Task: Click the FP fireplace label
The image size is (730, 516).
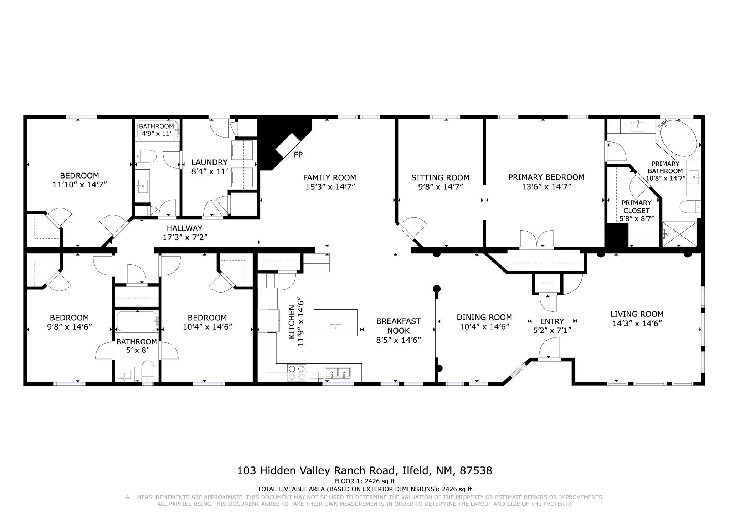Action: [x=298, y=155]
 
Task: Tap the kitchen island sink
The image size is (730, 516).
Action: [x=335, y=327]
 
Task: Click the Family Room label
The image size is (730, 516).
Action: [x=329, y=177]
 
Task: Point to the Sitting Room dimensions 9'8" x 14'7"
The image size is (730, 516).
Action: [x=440, y=187]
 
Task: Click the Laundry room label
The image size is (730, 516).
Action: [x=209, y=162]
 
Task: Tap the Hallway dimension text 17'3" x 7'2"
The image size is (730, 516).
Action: [x=185, y=237]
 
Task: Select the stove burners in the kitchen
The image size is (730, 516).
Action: [x=297, y=372]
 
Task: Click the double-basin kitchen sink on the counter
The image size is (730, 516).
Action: [x=337, y=372]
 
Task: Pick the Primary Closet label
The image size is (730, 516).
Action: [x=637, y=207]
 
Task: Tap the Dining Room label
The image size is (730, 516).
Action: [x=484, y=317]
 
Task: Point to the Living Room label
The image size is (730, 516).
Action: [x=637, y=314]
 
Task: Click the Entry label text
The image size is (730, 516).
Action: [x=552, y=321]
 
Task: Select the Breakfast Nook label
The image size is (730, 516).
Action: [x=399, y=326]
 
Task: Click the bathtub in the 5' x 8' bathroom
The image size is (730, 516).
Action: [x=137, y=321]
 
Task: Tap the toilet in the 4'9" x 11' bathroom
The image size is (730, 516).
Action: [x=146, y=156]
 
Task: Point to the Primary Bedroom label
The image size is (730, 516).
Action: [x=546, y=177]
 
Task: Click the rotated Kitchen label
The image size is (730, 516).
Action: [x=292, y=322]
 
